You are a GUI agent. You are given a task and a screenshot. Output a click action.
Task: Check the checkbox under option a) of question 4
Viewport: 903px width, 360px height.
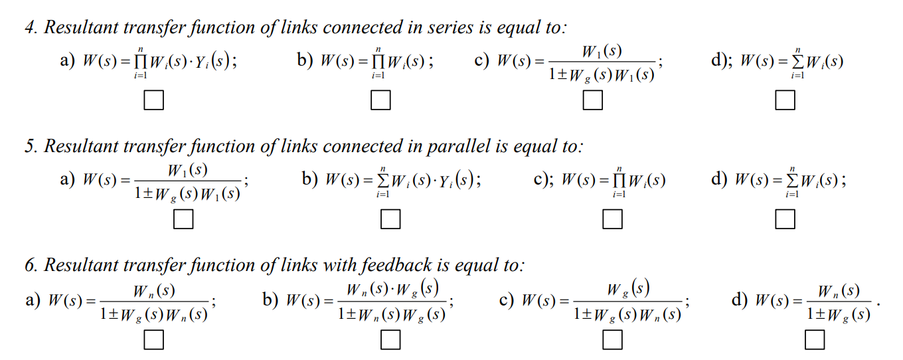pos(153,100)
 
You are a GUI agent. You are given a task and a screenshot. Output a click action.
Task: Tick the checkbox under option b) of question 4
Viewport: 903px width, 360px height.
pos(380,100)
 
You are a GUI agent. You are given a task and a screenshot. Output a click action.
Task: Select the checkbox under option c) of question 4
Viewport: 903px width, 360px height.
pos(593,100)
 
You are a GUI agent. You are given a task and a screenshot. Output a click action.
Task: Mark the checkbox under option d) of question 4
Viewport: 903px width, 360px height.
pos(785,100)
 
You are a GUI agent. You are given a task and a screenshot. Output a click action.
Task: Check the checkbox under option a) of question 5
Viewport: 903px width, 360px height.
pos(183,219)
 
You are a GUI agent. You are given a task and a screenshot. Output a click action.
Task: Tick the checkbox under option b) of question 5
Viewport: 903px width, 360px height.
pos(390,219)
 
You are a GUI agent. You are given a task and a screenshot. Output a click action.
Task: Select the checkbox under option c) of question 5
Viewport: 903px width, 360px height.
pos(613,219)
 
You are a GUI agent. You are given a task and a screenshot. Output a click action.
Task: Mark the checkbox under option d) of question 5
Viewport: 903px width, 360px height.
pos(785,219)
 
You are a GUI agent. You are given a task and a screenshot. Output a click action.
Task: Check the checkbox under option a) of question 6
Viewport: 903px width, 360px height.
pos(153,340)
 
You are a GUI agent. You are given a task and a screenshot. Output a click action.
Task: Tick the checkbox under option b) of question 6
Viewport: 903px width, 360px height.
pos(390,340)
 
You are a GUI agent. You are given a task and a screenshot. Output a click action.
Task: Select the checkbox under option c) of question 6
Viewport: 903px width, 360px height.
pos(613,340)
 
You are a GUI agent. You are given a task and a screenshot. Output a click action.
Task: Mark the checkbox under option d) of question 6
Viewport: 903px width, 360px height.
pos(815,340)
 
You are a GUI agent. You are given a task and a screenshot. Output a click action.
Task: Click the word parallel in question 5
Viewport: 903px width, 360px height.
pos(459,146)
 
